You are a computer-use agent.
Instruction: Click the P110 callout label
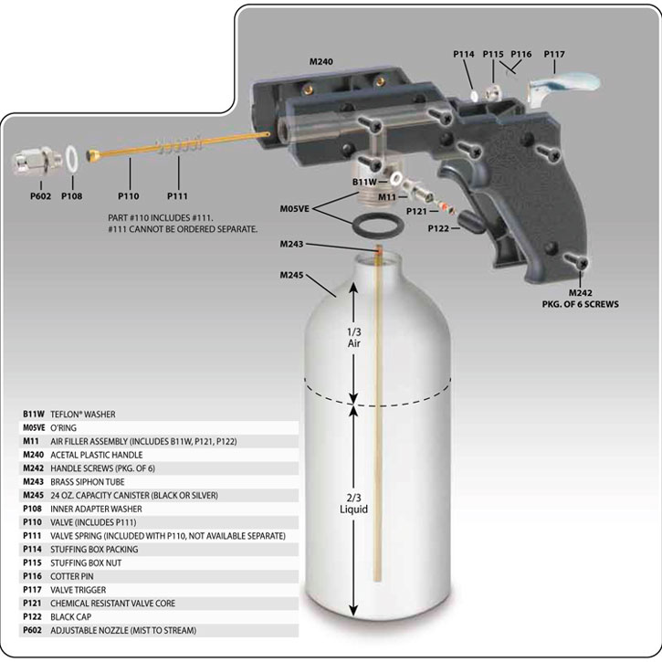click(129, 194)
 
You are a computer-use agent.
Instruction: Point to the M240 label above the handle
click(320, 62)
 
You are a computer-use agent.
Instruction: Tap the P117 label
click(555, 55)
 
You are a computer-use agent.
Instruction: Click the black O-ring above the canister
click(376, 226)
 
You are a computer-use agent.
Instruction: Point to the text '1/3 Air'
click(353, 339)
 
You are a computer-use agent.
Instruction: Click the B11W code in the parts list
click(34, 414)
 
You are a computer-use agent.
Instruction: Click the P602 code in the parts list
click(34, 631)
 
